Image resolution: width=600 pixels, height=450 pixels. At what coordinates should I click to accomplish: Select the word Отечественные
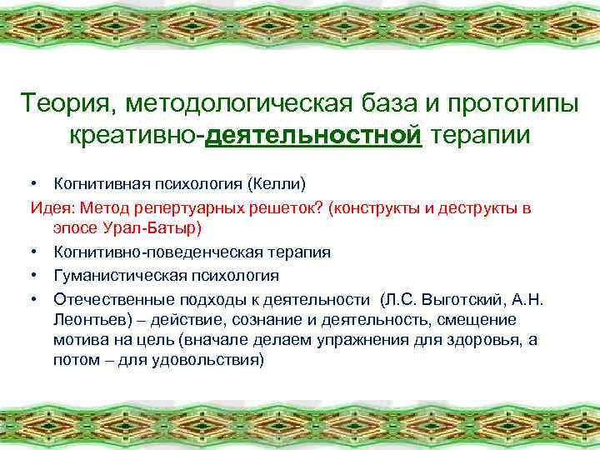(x=104, y=297)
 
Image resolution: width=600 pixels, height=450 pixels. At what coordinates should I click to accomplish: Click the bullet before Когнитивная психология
(x=37, y=182)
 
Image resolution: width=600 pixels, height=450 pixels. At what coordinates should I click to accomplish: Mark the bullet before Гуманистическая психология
(x=37, y=274)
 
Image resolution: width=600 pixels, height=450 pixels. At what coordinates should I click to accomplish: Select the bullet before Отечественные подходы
(x=37, y=297)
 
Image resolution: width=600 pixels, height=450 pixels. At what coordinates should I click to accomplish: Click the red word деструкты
(x=467, y=206)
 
